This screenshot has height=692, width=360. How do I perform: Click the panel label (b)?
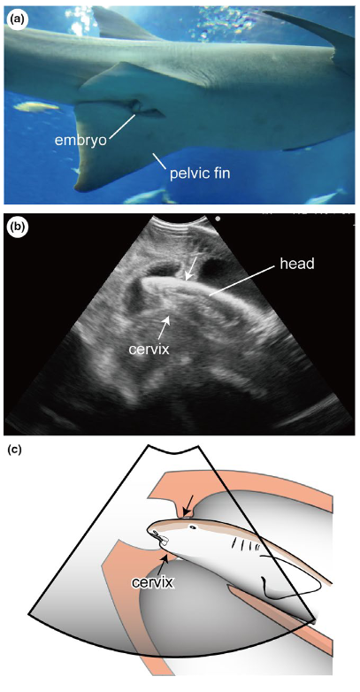tap(19, 227)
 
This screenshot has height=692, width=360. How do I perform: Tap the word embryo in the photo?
tap(81, 140)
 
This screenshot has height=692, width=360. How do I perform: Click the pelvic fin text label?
tap(200, 173)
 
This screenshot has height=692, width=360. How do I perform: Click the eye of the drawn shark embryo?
tap(192, 527)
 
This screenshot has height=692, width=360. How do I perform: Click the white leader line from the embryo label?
tap(122, 125)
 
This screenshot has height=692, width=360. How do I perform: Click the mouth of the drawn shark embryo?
tap(160, 538)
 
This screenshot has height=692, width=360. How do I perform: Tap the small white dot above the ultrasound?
tap(218, 218)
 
